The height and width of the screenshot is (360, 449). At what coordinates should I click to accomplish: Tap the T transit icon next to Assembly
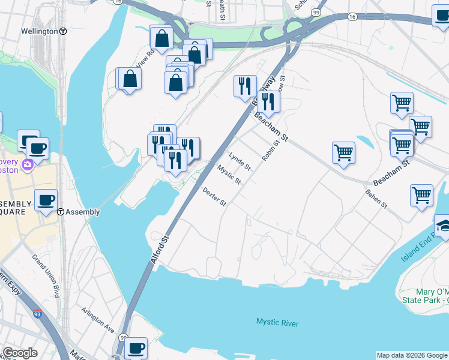(x=61, y=212)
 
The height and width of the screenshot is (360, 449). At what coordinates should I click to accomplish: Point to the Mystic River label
(x=277, y=323)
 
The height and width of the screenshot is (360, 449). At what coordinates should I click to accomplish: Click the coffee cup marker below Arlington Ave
(x=136, y=347)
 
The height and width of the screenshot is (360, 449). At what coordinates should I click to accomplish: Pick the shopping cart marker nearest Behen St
(x=422, y=195)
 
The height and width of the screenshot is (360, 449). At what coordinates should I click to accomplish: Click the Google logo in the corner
(x=20, y=353)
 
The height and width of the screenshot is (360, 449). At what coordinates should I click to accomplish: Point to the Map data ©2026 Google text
(x=412, y=355)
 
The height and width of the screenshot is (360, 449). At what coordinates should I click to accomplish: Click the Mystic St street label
(x=229, y=175)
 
